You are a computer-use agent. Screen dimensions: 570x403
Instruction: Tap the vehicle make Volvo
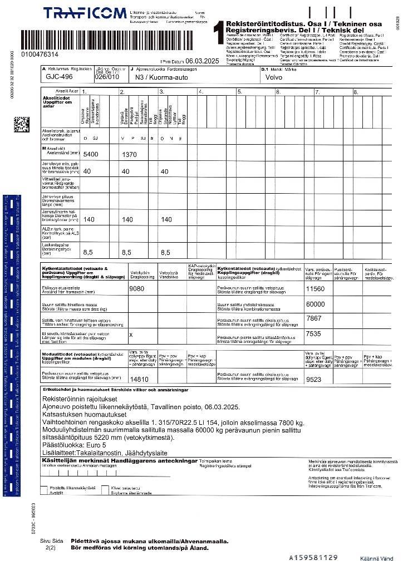[x=274, y=78]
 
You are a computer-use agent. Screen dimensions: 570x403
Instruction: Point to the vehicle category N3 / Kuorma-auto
[x=157, y=78]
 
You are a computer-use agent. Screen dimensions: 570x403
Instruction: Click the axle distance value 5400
[x=90, y=154]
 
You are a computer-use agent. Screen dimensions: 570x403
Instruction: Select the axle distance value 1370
[x=129, y=154]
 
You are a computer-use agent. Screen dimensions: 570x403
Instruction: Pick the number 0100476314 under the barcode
[x=39, y=55]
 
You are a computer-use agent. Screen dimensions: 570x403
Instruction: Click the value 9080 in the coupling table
[x=137, y=289]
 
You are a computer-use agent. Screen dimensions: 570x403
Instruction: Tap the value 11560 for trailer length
[x=315, y=289]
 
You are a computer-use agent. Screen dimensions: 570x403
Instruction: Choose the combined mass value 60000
[x=316, y=304]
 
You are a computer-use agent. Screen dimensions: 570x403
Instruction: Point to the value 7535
[x=314, y=334]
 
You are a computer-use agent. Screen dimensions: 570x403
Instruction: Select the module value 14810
[x=139, y=379]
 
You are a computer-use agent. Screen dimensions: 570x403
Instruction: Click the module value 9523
[x=314, y=379]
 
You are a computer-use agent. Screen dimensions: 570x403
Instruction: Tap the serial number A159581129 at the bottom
[x=313, y=557]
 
